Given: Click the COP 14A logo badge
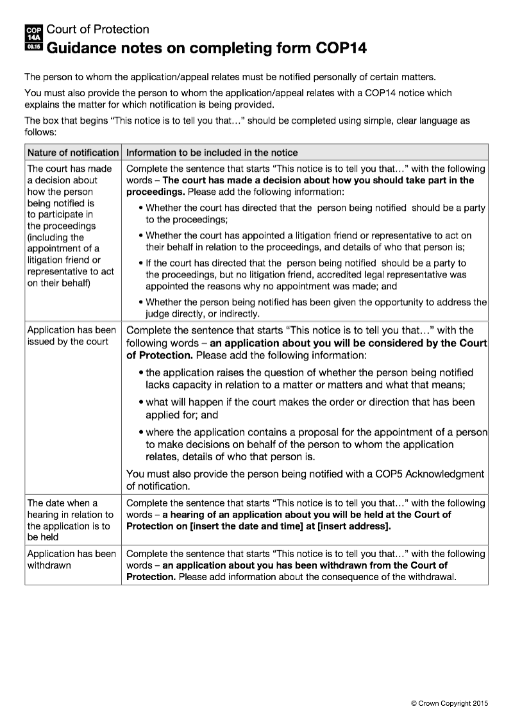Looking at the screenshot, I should click(x=33, y=38).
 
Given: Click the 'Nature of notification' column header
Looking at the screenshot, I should click(x=72, y=153).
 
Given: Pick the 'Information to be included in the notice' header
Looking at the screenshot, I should click(x=212, y=153).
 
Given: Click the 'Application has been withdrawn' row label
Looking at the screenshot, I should click(x=71, y=560).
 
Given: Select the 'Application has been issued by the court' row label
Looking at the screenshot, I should click(x=71, y=335).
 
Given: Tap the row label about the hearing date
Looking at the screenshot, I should click(x=70, y=520).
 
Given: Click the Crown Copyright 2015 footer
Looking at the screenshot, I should click(x=450, y=703).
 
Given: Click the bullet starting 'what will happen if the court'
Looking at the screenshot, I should click(x=310, y=408).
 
